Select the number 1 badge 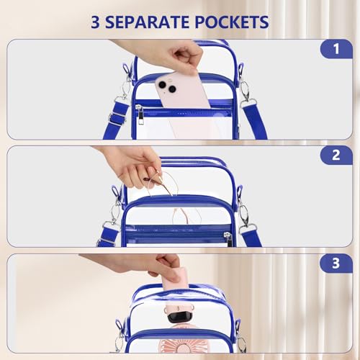pos(336,50)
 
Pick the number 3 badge pos(336,264)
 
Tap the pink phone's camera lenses pos(170,88)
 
